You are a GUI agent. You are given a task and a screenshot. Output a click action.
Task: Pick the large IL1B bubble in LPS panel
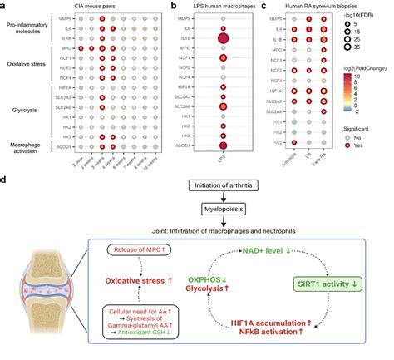223,39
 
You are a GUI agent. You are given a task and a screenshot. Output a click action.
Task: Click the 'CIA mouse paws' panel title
91,6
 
